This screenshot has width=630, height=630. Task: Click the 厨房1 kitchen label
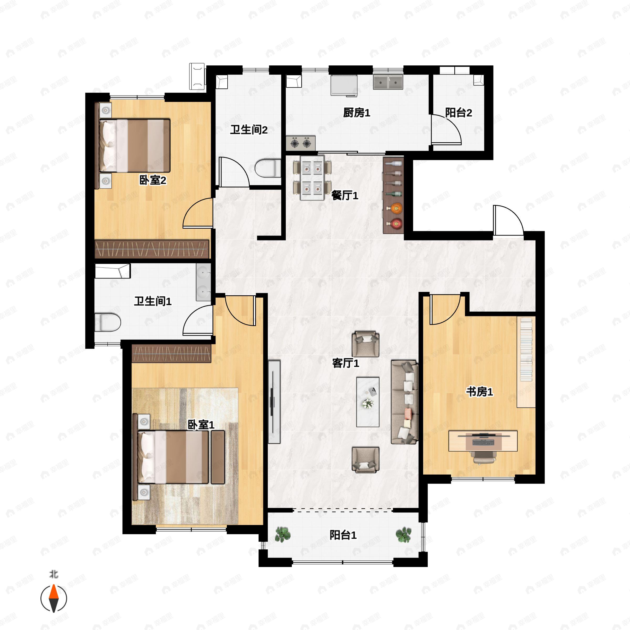[x=356, y=113]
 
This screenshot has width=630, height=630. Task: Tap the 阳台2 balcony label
[x=459, y=113]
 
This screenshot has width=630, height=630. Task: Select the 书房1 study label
[x=479, y=392]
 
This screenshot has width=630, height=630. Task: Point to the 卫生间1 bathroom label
[x=153, y=301]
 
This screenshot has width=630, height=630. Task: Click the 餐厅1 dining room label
[x=345, y=195]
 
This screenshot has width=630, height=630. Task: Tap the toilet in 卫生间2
[x=268, y=168]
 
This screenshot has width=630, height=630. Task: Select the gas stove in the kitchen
[x=301, y=143]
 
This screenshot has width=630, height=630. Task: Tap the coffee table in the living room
[x=367, y=402]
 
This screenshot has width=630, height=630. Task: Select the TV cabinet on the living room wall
[x=274, y=402]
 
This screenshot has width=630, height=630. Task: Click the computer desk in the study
[x=483, y=441]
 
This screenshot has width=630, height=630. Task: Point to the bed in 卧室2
[x=134, y=146]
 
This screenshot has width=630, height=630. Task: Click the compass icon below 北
[x=54, y=598]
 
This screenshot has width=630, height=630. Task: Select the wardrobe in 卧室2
[x=152, y=249]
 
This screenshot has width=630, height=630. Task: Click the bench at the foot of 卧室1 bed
[x=218, y=457]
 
